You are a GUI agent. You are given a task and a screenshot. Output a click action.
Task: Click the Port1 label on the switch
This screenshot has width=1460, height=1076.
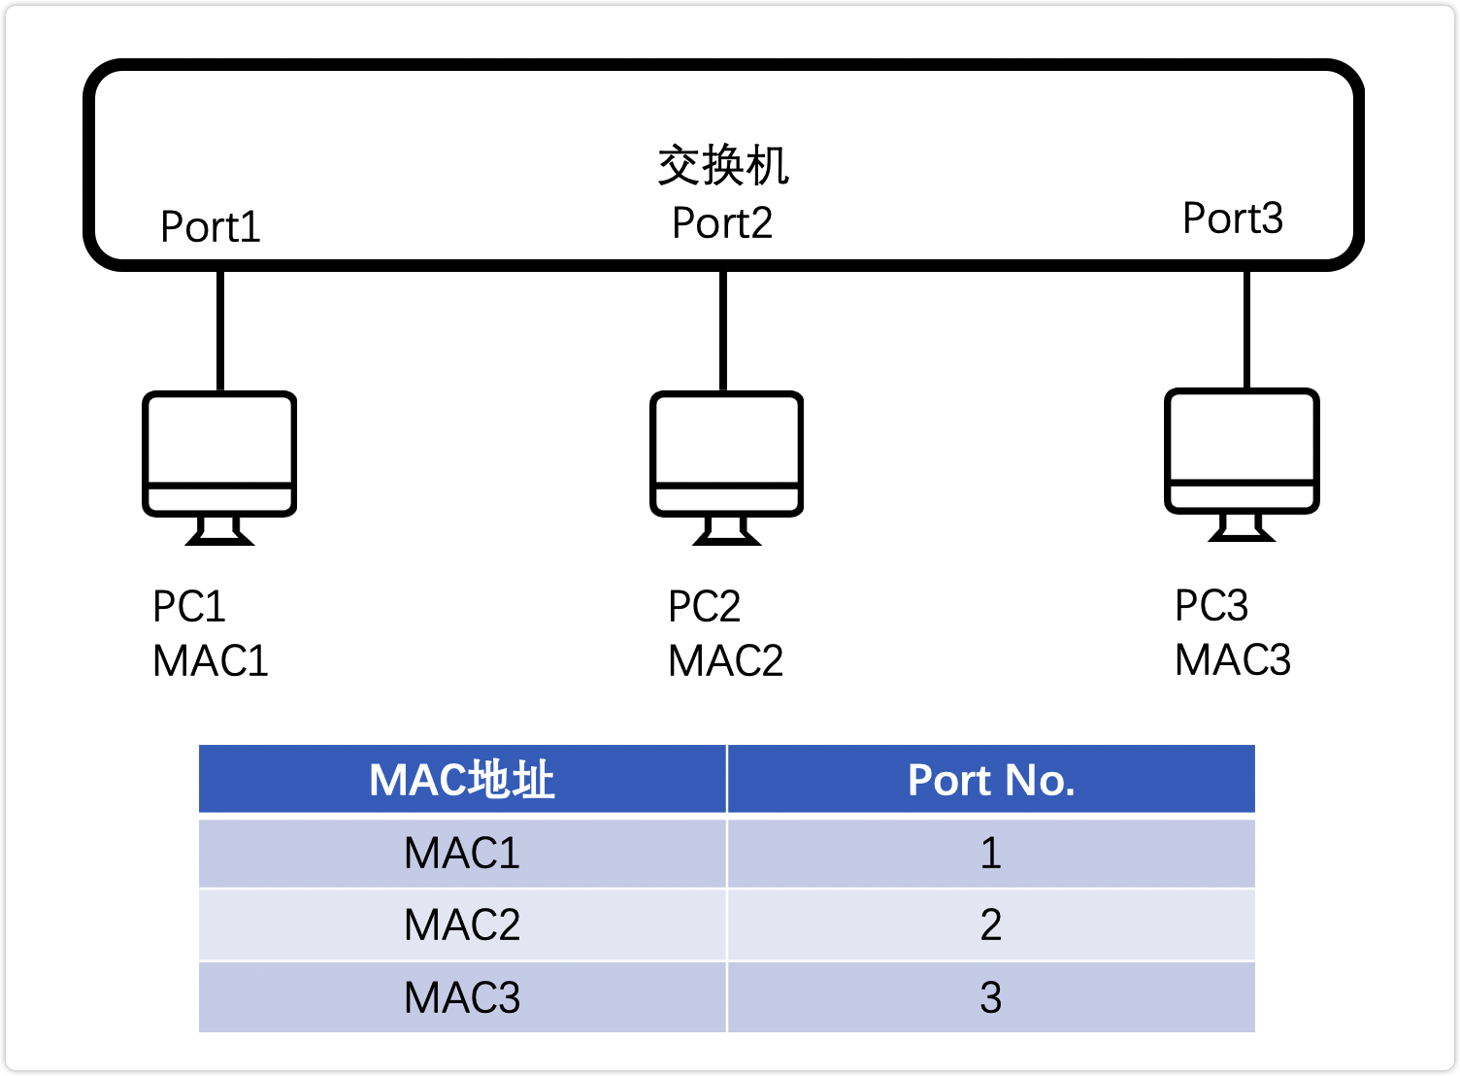[x=211, y=227]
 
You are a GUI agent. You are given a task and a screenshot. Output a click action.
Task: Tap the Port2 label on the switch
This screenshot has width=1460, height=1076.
[x=722, y=223]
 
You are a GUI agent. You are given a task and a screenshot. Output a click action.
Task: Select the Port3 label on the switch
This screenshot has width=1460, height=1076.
[x=1233, y=219]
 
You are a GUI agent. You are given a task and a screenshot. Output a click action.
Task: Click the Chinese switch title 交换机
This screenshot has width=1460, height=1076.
[x=723, y=165]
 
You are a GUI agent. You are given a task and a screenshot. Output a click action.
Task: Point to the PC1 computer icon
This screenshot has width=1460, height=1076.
[x=219, y=466]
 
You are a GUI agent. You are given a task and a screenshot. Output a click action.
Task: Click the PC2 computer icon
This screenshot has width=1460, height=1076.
[x=726, y=466]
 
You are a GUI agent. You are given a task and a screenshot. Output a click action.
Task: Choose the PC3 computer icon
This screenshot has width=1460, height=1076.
[x=1242, y=463]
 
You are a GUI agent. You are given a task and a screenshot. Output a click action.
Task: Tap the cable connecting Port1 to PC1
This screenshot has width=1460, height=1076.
[x=220, y=330]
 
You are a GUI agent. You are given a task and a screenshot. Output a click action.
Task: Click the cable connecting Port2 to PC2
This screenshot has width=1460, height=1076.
[x=723, y=330]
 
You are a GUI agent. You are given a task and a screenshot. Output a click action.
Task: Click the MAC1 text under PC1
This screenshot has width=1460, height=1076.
[x=211, y=661]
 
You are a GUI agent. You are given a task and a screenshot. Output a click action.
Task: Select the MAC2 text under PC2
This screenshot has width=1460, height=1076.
[x=725, y=661]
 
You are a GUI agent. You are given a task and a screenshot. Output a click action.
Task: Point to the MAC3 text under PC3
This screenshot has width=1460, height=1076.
[x=1233, y=660]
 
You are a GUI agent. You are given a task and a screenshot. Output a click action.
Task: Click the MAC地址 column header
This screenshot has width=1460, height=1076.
[x=462, y=780]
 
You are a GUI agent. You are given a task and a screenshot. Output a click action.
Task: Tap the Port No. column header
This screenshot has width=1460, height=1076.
[x=991, y=780]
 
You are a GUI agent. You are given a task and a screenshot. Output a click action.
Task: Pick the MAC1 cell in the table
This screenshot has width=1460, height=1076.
[x=462, y=854]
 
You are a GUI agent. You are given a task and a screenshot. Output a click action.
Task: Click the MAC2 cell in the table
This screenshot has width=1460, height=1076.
[x=462, y=925]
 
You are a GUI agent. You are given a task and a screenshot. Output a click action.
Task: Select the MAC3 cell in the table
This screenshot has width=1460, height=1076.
[x=462, y=998]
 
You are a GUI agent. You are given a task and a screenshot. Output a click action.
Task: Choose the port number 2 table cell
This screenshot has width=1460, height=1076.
[x=991, y=925]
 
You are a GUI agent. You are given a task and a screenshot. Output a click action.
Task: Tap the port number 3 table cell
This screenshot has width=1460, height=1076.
[x=991, y=998]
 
